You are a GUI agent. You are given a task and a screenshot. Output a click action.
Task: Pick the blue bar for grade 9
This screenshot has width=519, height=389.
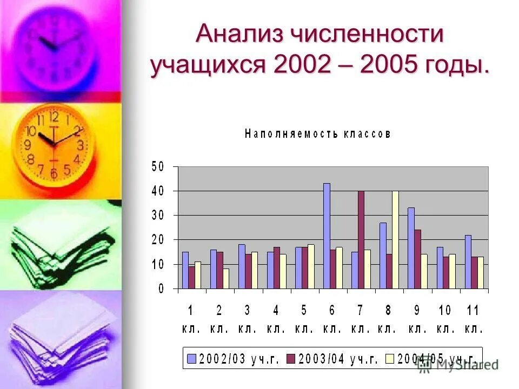[411, 248]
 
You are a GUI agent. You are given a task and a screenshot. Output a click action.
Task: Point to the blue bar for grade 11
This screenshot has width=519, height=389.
[468, 261]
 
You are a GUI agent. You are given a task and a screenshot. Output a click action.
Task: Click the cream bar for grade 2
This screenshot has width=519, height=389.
[225, 279]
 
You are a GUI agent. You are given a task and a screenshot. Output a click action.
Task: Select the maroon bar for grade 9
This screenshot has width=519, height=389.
[417, 259]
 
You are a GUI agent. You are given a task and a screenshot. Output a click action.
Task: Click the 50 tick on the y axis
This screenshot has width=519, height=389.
[157, 166]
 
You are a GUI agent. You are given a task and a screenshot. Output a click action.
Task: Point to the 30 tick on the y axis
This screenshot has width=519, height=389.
[157, 215]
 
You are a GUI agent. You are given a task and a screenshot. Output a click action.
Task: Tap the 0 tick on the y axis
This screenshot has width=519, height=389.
[161, 289]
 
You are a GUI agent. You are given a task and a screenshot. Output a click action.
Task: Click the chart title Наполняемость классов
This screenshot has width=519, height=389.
[317, 134]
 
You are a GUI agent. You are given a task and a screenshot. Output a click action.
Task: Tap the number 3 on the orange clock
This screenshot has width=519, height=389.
[81, 145]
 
